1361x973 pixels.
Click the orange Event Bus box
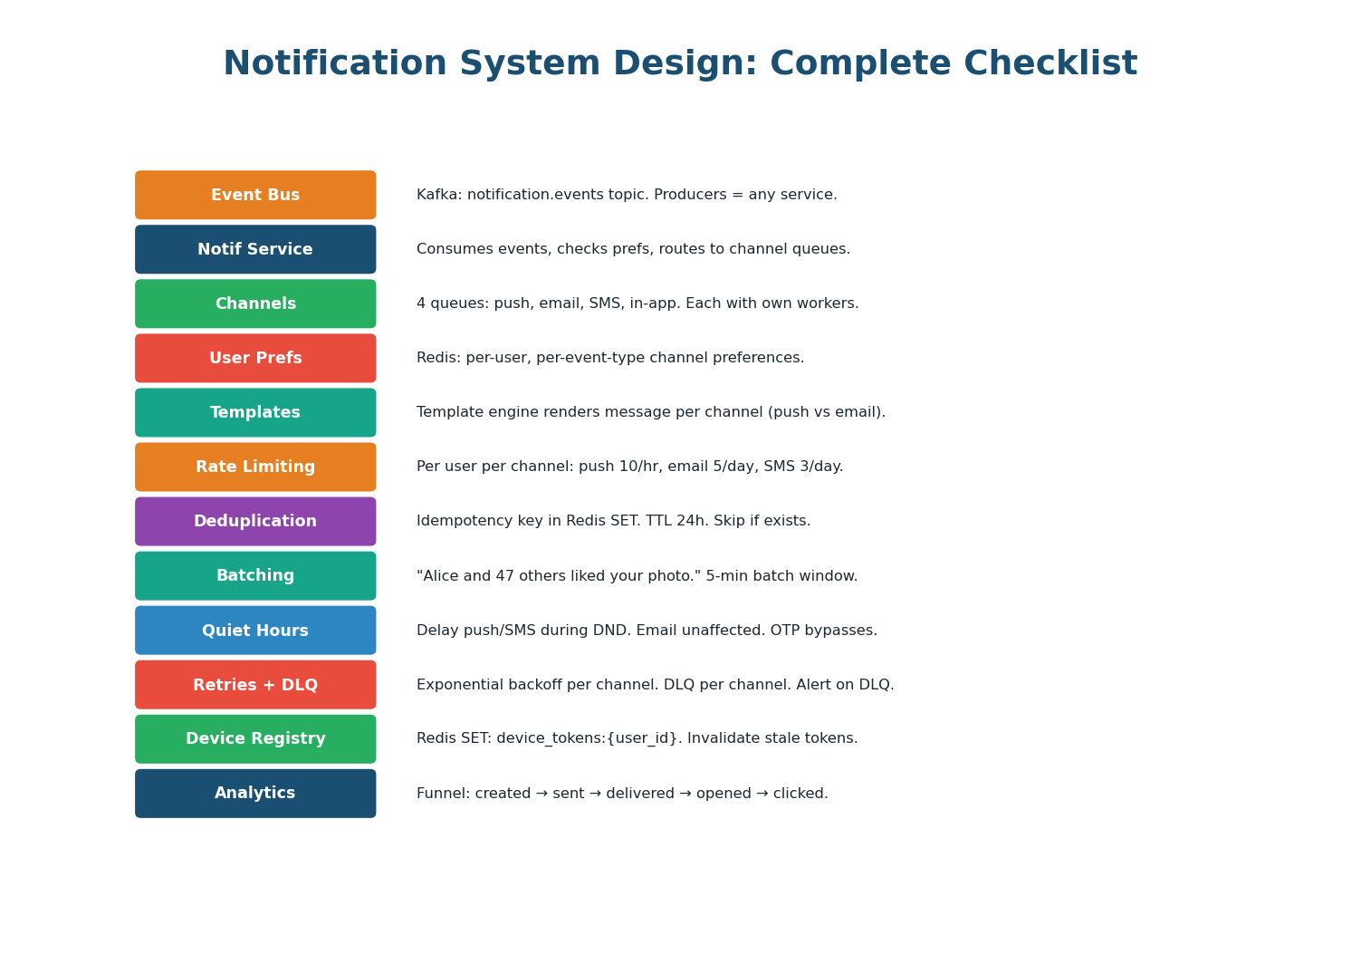point(255,195)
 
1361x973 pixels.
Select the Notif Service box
point(255,249)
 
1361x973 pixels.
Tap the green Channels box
point(255,303)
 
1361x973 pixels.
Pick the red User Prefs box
point(255,358)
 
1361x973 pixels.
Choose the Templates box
point(255,412)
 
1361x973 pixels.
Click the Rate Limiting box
point(255,467)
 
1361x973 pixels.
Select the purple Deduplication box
point(255,521)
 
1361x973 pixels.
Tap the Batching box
point(255,576)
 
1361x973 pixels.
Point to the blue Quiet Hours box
point(255,631)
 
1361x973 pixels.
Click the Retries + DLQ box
point(255,685)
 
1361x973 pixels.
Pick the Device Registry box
point(255,739)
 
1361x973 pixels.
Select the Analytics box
point(255,794)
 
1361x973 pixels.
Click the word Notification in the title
point(335,64)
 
